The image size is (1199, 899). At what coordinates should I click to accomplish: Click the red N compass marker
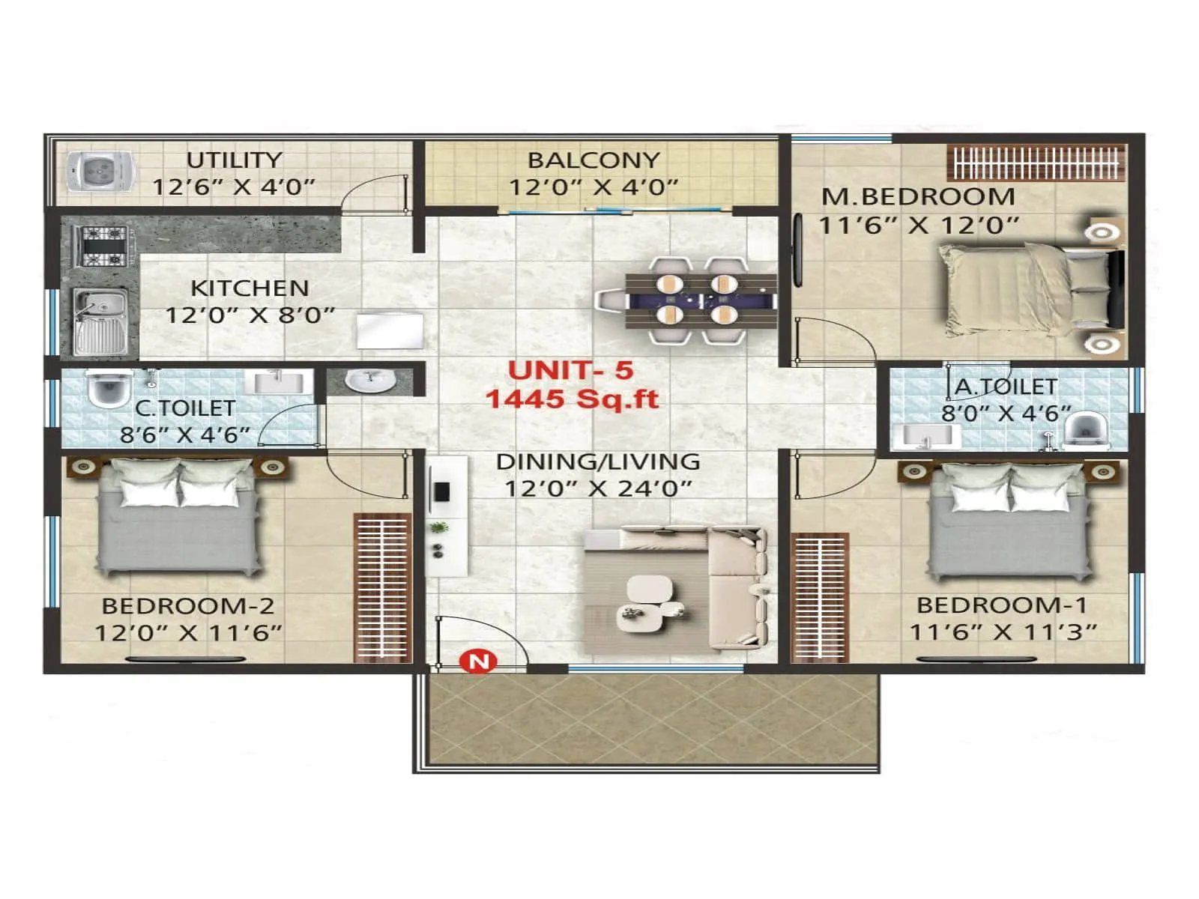pos(478,661)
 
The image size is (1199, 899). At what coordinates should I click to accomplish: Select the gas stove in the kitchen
pos(100,246)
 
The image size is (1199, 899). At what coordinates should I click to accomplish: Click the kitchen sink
pos(100,321)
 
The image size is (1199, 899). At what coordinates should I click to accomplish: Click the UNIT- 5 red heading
pos(570,370)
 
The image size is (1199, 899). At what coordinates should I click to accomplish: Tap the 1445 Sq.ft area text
pos(573,399)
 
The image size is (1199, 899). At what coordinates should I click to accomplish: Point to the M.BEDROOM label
pos(918,197)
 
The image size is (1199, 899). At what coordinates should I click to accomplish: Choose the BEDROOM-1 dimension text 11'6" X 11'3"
pos(1003,632)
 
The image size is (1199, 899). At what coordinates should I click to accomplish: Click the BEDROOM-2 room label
pos(187,605)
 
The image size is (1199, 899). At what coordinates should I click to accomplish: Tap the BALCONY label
pos(594,160)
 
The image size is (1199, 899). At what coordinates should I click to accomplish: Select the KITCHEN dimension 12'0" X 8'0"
pos(250,315)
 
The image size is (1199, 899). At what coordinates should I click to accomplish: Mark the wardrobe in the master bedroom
pos(1036,163)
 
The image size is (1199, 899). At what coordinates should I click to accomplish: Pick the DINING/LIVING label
pos(598,461)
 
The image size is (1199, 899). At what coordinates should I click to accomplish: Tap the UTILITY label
pos(234,160)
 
